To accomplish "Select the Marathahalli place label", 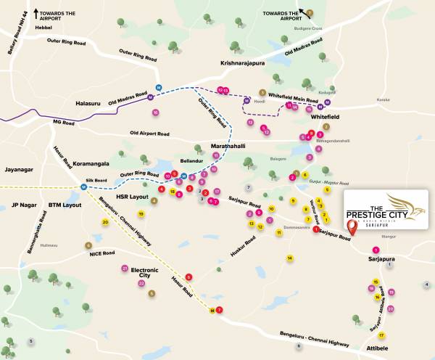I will (228, 146).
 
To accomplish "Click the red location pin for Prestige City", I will (352, 226).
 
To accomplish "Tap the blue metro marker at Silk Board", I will (84, 187).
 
